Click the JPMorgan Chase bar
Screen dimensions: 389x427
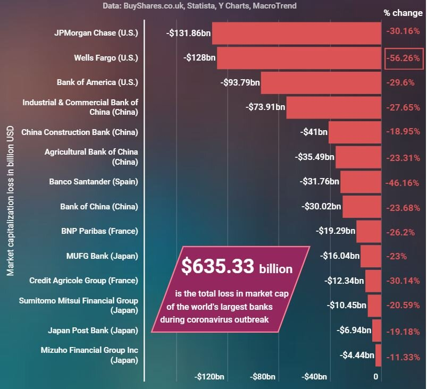coord(297,33)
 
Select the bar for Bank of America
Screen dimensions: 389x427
coord(321,83)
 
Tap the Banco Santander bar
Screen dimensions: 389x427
coord(361,182)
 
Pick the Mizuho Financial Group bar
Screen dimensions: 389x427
coord(379,356)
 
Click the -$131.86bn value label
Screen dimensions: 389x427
coord(188,33)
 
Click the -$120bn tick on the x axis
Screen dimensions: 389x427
coord(210,377)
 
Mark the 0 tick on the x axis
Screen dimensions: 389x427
coord(376,377)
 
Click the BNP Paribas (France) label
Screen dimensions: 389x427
coord(99,231)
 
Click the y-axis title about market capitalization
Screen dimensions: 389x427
coord(11,200)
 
